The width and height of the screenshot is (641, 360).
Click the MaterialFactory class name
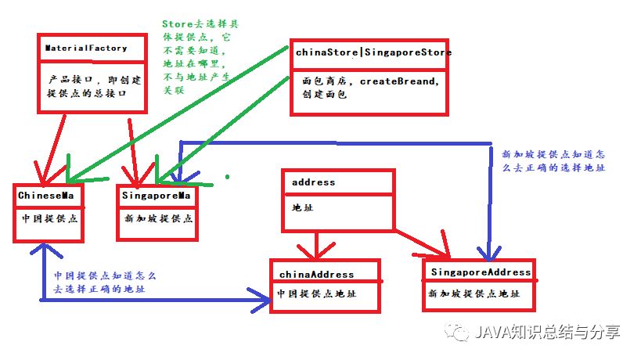86,49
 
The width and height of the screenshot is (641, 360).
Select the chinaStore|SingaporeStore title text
373,53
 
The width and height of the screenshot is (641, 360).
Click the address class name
313,182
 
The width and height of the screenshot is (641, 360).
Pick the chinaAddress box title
316,275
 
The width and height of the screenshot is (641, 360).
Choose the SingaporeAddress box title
480,272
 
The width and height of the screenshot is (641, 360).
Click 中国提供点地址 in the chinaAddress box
316,295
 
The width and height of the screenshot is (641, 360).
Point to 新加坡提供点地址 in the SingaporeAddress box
474,293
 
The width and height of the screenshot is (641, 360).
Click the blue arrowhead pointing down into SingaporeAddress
489,255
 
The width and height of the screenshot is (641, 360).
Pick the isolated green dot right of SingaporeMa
228,177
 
